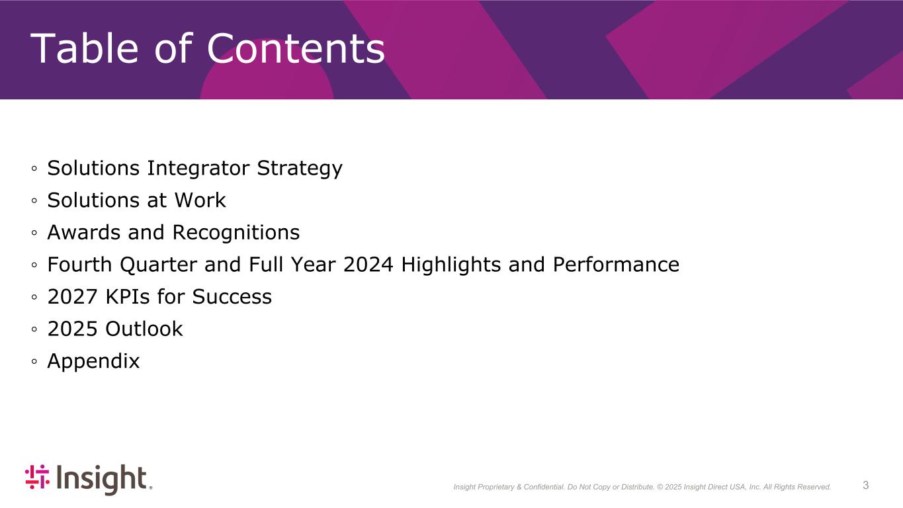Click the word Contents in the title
296,48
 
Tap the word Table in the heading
84,48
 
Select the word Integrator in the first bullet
198,168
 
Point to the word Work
200,200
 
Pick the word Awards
84,232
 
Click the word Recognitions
236,233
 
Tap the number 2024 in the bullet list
368,265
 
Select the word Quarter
158,265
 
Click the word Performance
616,265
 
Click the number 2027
73,297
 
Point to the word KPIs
128,297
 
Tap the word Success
232,297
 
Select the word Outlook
144,329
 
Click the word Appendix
93,362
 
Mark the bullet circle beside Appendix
34,362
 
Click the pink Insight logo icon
37,477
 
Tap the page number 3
865,485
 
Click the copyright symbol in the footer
660,487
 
